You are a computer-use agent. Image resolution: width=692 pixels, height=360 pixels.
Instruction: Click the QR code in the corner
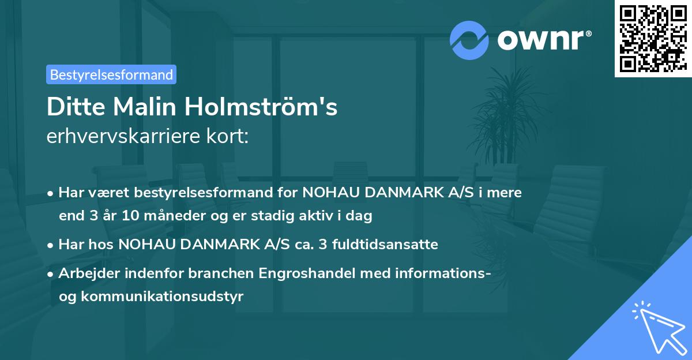(653, 38)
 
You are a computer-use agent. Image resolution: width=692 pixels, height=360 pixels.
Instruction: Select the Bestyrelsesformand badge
(111, 74)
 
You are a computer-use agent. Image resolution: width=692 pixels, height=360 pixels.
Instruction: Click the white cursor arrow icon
(657, 327)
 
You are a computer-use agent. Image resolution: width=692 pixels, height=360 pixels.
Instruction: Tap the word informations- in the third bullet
(443, 273)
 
